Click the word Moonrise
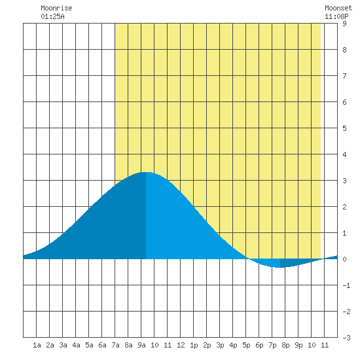pos(56,8)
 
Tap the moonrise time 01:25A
pos(52,16)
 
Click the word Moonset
pos(338,8)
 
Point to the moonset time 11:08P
pos(336,16)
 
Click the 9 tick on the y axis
pos(344,24)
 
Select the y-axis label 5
pos(344,128)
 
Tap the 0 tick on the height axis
pos(344,259)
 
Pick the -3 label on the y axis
pos(346,338)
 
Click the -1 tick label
pos(346,285)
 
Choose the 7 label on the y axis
pos(344,76)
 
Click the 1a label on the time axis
pos(37,345)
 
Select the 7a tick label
pos(115,345)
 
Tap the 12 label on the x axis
pos(181,345)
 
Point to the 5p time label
pos(246,345)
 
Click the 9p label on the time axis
pos(298,345)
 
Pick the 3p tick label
pos(220,345)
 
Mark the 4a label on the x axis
pos(76,345)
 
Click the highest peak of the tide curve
pos(146,172)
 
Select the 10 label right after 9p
pos(312,345)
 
